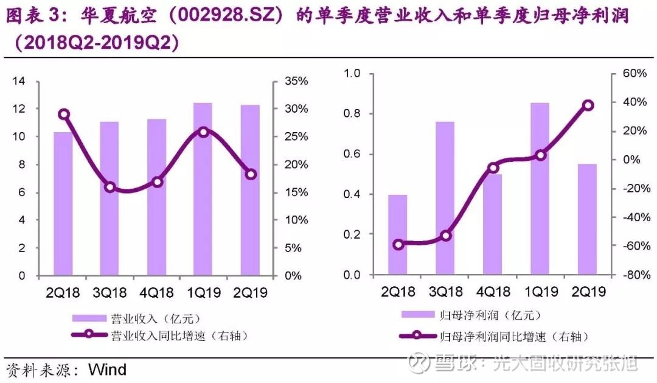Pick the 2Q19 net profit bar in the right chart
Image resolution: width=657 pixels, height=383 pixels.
point(587,220)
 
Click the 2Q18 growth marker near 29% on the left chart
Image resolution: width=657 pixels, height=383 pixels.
point(63,114)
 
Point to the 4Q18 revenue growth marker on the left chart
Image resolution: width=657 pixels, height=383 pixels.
point(157,181)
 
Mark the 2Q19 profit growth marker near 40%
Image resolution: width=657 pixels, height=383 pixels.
point(588,105)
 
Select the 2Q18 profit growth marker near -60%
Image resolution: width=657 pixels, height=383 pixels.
point(398,245)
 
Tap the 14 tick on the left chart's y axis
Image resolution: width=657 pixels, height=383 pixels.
point(19,81)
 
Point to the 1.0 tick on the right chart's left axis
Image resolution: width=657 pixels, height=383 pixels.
point(353,73)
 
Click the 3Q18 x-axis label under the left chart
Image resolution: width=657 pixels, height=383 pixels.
point(109,292)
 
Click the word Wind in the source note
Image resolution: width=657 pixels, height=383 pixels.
point(107,369)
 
